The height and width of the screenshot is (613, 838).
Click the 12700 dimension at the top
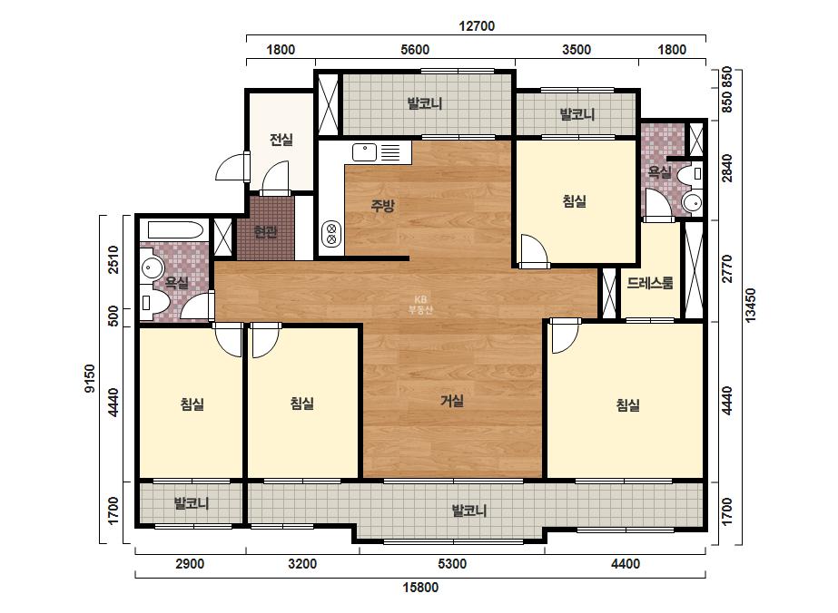click(x=477, y=25)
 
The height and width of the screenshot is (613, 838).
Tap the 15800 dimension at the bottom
click(x=420, y=588)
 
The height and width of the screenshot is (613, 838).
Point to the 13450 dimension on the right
click(x=751, y=306)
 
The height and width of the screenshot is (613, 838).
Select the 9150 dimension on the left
click(x=89, y=378)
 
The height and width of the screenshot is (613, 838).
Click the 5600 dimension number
click(x=415, y=50)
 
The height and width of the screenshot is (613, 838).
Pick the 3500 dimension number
click(x=577, y=50)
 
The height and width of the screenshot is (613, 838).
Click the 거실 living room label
click(x=452, y=401)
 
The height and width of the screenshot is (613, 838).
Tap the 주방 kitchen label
click(x=382, y=206)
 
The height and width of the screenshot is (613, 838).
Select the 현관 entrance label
click(x=266, y=232)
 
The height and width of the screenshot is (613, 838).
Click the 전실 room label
click(x=281, y=140)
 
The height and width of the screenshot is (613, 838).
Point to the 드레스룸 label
click(x=650, y=283)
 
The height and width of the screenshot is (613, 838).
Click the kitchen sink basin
click(x=364, y=152)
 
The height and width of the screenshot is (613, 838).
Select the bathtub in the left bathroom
click(x=175, y=230)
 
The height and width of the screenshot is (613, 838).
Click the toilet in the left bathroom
click(x=153, y=302)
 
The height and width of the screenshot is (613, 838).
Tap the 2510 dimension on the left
click(x=113, y=259)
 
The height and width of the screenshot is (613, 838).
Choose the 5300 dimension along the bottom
click(x=452, y=564)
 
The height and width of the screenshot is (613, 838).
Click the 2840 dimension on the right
click(x=727, y=167)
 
